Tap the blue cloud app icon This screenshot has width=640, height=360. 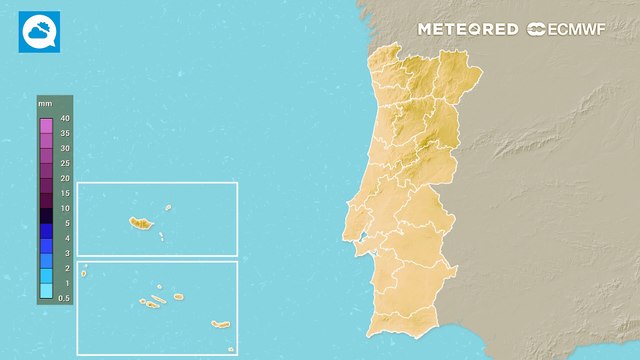[x=39, y=31]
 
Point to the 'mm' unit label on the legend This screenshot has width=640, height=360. [x=45, y=104]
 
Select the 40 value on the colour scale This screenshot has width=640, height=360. [x=64, y=119]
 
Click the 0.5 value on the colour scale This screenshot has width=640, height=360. [x=64, y=298]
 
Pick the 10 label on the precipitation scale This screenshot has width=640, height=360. [x=64, y=208]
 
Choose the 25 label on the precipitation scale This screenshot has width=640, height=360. [x=64, y=163]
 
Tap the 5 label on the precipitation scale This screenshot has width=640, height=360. [x=64, y=223]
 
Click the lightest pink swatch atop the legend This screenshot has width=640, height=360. [x=46, y=126]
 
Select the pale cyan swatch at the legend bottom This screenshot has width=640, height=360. [x=46, y=291]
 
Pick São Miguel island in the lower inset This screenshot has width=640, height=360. [x=220, y=324]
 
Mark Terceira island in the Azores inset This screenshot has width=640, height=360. [x=178, y=296]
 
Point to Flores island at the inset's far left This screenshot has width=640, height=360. [x=85, y=267]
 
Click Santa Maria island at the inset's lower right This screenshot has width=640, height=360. [x=230, y=348]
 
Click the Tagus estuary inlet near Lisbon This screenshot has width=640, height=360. [x=366, y=238]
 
